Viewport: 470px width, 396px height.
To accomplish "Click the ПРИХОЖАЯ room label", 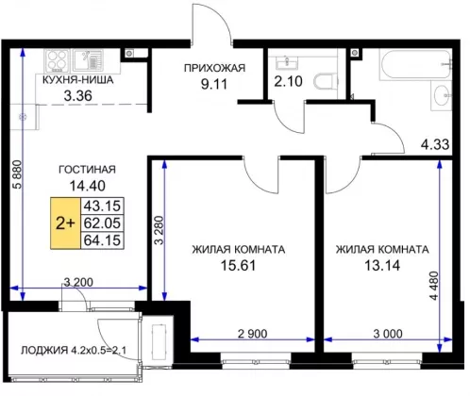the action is pyautogui.click(x=214, y=68).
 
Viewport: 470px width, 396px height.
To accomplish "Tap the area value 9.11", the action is pyautogui.click(x=214, y=84).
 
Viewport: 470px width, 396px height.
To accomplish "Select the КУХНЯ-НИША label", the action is pyautogui.click(x=77, y=80).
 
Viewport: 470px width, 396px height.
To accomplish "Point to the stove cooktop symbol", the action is pyautogui.click(x=58, y=60).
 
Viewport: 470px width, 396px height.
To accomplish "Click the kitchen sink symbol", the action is pyautogui.click(x=88, y=60).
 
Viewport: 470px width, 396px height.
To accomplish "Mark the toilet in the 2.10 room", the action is pyautogui.click(x=326, y=82).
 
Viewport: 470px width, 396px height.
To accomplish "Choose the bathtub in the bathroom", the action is pyautogui.click(x=416, y=65).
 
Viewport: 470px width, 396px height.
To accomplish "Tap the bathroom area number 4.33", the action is pyautogui.click(x=435, y=144).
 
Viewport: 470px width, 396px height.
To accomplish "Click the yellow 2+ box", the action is pyautogui.click(x=65, y=223).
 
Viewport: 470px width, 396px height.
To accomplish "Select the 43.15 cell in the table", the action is pyautogui.click(x=102, y=206).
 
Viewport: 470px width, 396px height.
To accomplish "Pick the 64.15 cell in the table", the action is pyautogui.click(x=102, y=240).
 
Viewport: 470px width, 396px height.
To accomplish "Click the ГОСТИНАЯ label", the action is pyautogui.click(x=88, y=170).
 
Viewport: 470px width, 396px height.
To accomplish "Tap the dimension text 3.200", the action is pyautogui.click(x=78, y=282).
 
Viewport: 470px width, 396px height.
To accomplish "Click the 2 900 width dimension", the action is pyautogui.click(x=252, y=334).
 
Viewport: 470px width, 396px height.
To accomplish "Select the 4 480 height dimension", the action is pyautogui.click(x=433, y=286).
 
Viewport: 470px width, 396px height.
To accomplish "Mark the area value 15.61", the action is pyautogui.click(x=238, y=266).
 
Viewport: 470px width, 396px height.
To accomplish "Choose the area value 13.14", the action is pyautogui.click(x=382, y=266).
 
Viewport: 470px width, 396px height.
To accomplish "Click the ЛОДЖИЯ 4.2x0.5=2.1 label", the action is pyautogui.click(x=74, y=350).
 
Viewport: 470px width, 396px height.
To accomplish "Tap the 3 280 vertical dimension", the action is pyautogui.click(x=159, y=230).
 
